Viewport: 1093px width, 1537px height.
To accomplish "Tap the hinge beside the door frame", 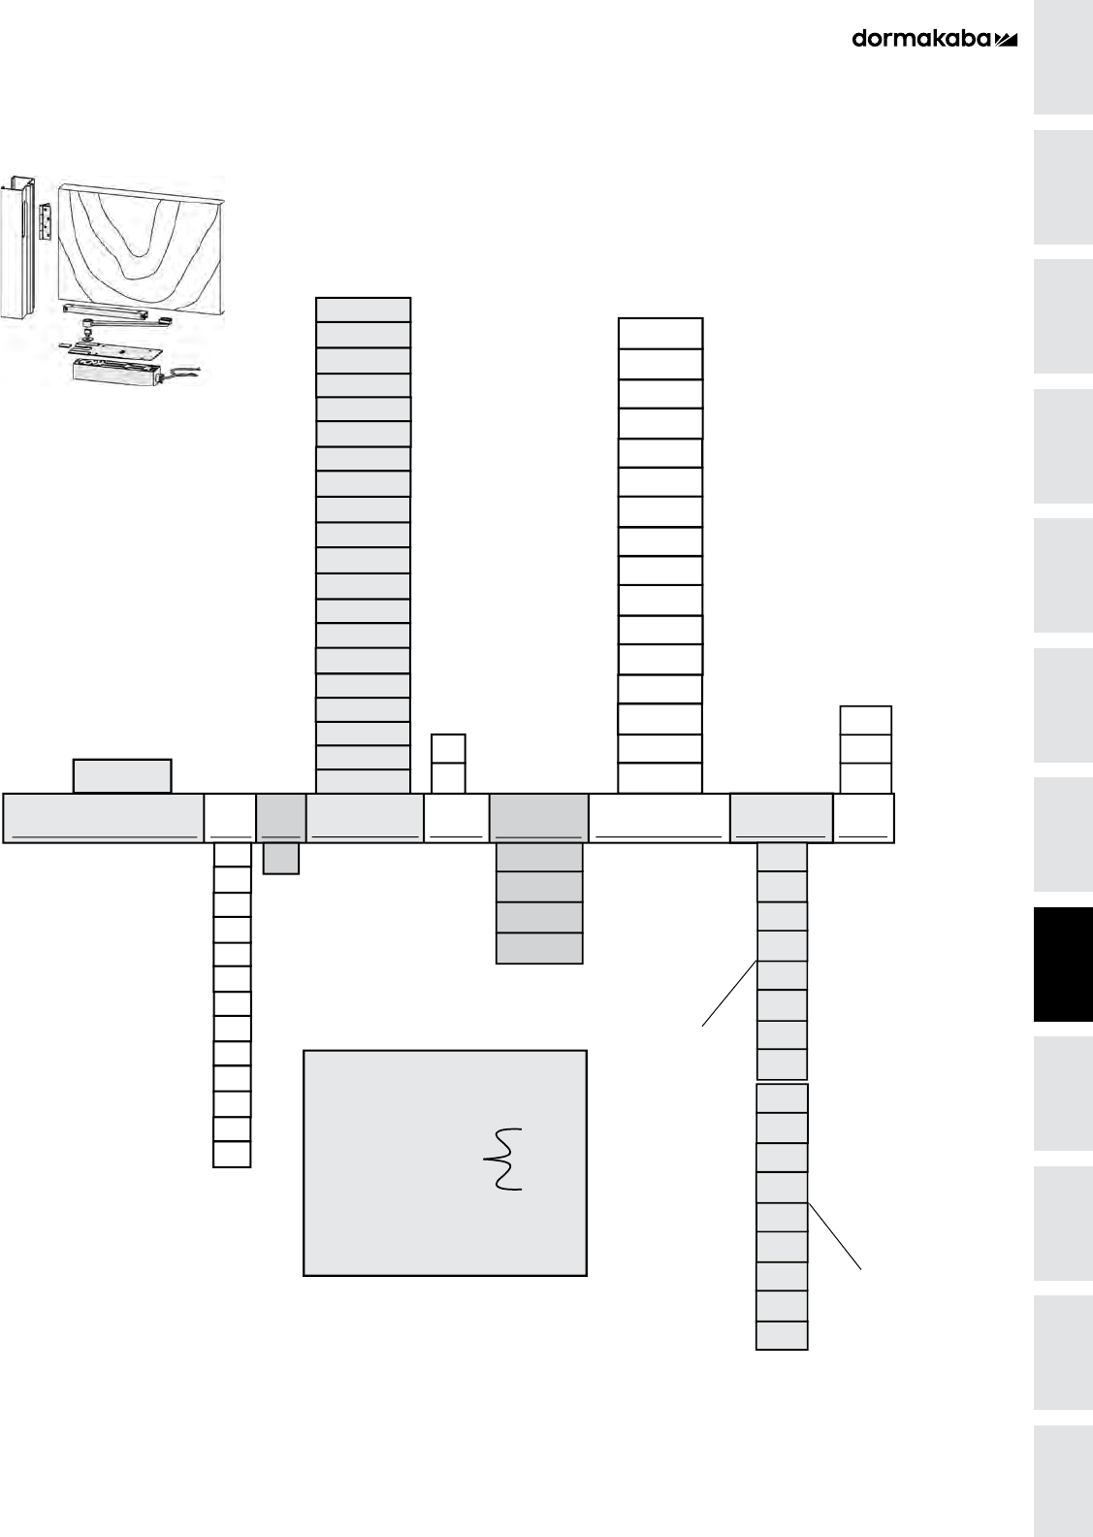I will point(45,221).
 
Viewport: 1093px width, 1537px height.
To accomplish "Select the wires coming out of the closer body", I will point(182,372).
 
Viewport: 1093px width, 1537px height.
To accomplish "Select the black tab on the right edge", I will point(1063,965).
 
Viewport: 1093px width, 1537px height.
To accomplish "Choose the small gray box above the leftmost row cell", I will point(122,776).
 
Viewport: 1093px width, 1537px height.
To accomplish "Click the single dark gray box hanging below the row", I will point(281,859).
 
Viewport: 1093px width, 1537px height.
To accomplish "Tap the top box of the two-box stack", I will point(448,748).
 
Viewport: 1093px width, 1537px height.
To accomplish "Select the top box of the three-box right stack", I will point(865,720).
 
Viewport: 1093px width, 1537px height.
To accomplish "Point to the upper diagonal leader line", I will point(729,992).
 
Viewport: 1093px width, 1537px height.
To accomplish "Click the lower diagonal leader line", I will point(834,1235).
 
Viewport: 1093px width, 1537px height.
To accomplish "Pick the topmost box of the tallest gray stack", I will point(364,310).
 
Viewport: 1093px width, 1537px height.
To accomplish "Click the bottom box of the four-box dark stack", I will point(539,949).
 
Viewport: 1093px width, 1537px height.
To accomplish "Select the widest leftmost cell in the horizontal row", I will point(104,817).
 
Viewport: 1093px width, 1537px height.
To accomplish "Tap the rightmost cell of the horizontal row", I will point(863,817).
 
